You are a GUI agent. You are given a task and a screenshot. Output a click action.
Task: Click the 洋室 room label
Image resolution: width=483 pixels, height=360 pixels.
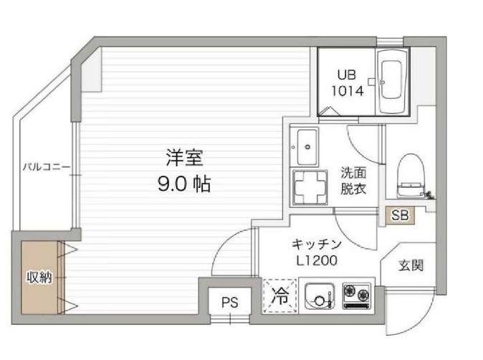183,156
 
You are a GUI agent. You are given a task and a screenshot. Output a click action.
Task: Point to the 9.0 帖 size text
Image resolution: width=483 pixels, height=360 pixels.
183,184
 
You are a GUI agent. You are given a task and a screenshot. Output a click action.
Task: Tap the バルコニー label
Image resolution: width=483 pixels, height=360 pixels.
45,167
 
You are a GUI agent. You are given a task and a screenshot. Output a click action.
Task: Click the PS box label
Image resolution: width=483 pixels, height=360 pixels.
229,302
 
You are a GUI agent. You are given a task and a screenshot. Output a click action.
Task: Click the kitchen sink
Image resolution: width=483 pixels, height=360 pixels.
319,295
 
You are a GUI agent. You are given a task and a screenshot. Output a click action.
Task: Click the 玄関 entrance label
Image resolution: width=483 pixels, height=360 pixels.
411,265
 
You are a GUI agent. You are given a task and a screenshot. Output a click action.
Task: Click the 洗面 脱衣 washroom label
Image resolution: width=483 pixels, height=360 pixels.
353,180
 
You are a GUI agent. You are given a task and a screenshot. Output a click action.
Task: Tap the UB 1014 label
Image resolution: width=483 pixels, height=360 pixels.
347,82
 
